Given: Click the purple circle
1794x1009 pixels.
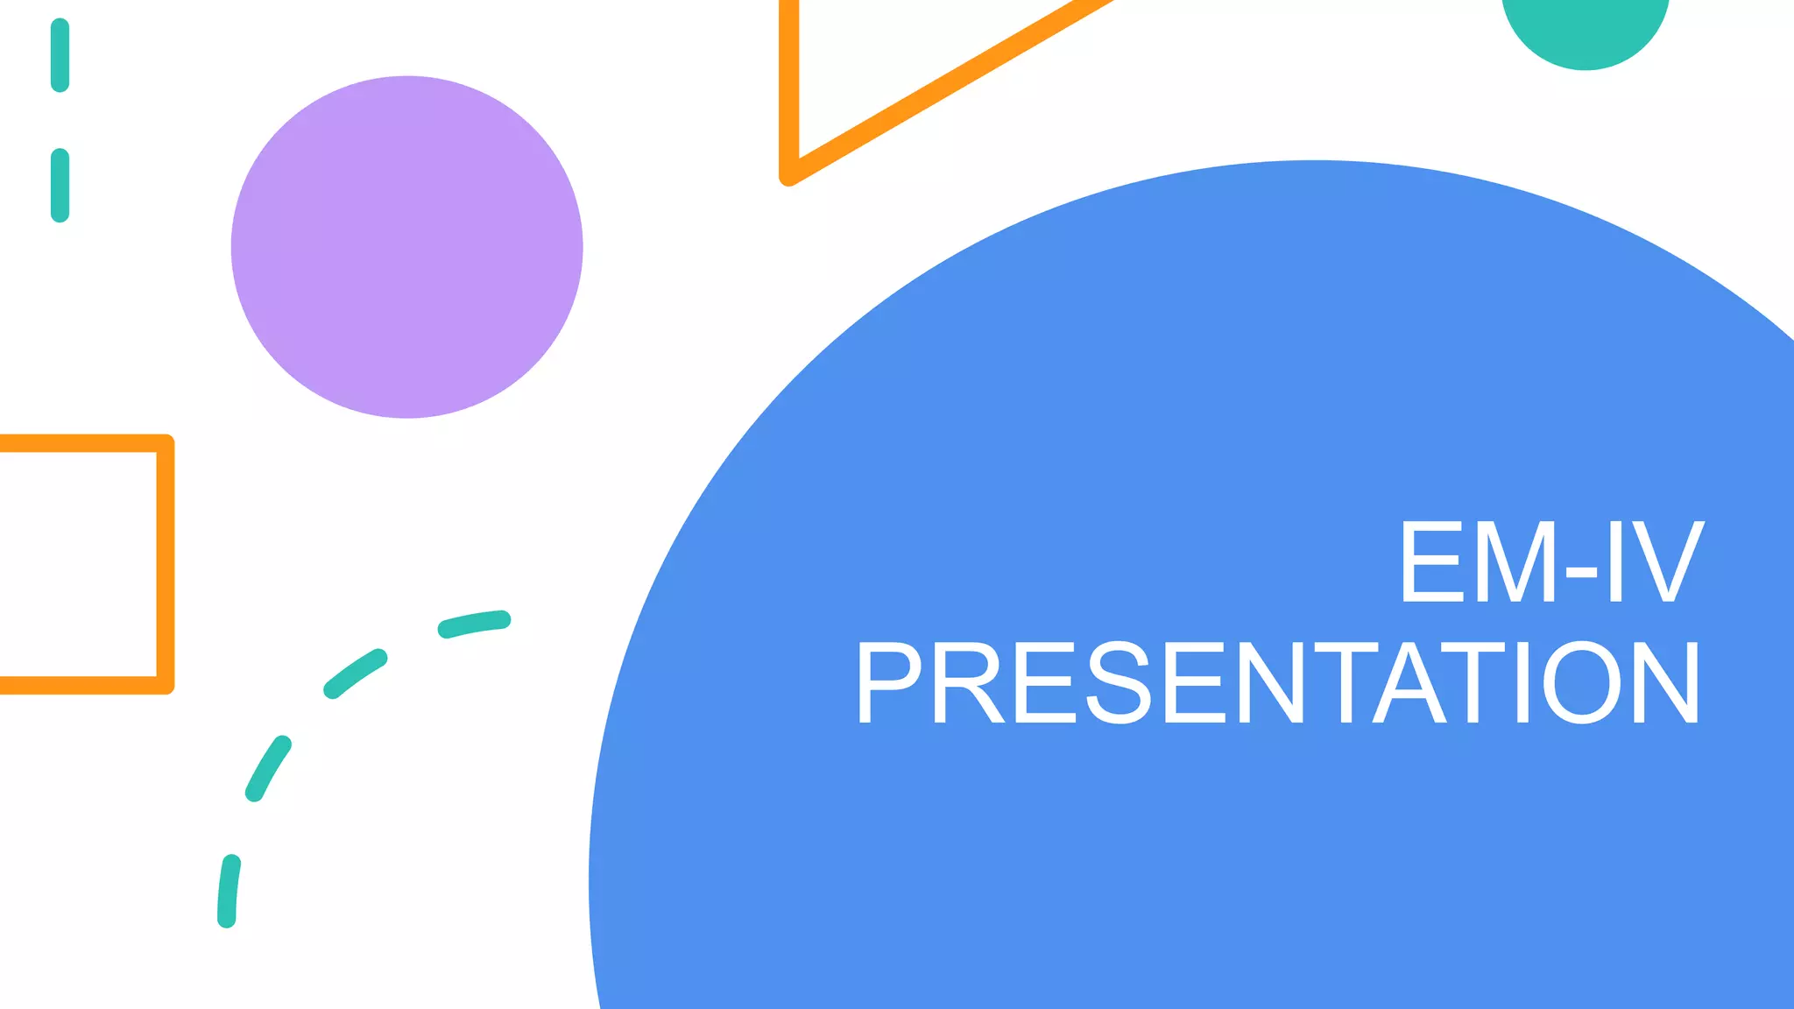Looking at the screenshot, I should [406, 247].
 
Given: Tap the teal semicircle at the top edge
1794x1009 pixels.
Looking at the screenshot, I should [1585, 30].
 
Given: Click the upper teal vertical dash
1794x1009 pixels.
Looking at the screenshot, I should [60, 55].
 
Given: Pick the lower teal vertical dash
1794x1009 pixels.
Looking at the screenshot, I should [60, 185].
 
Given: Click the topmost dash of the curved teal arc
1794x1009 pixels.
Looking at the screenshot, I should [474, 624].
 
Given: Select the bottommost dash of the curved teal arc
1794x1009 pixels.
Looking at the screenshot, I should [228, 891].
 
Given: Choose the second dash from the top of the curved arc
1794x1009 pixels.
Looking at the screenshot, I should [355, 674].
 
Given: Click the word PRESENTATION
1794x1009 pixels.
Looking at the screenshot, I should [1278, 683].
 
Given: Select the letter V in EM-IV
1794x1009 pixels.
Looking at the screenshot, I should [1668, 561].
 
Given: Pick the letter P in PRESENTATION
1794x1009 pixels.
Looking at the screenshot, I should [888, 683].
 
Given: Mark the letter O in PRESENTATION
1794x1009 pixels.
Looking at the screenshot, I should [1581, 683].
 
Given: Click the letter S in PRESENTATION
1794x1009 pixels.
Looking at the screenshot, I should [1119, 683].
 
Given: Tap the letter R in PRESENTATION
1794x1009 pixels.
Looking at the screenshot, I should [967, 683].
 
